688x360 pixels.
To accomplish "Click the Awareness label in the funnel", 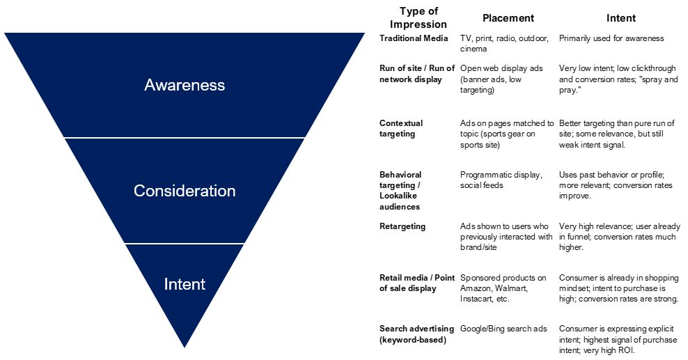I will (185, 85).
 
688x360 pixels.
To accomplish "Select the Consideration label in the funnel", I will (185, 191).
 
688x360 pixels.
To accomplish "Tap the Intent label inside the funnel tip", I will (185, 284).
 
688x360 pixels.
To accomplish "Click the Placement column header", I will (508, 18).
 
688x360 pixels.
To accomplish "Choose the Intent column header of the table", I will (620, 18).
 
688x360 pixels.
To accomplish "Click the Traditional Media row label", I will (414, 38).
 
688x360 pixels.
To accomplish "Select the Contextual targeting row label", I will (401, 128).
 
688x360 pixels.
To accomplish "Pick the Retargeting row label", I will (402, 226).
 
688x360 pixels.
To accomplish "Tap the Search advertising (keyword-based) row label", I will (416, 334).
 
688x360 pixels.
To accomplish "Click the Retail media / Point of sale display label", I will (416, 283).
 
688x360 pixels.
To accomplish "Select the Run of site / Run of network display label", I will (417, 74).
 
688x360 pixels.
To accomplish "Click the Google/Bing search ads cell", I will (503, 329).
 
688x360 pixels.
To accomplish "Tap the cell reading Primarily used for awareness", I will (611, 38).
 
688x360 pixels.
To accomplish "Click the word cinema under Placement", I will (474, 49).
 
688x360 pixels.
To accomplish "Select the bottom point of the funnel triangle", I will (185, 347).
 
